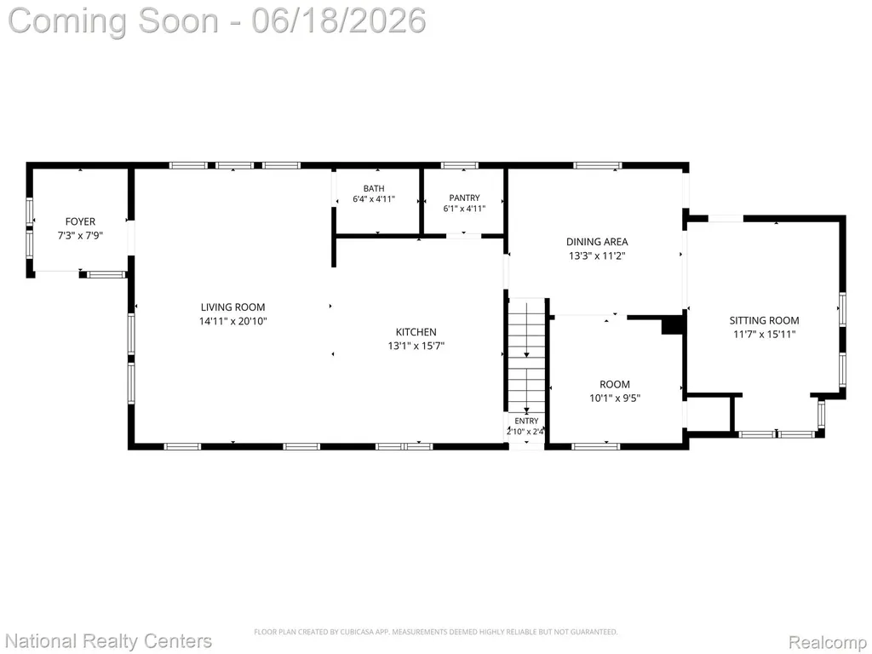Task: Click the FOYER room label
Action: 80,221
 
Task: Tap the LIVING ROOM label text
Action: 233,307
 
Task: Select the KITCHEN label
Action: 416,332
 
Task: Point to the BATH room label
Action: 374,188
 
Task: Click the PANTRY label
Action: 464,198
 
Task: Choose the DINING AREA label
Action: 597,242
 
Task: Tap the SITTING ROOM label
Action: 764,320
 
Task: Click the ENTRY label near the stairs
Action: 526,421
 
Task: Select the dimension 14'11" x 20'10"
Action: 233,321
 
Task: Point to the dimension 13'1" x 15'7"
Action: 416,346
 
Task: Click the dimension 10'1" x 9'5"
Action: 615,399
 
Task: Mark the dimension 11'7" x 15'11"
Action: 764,334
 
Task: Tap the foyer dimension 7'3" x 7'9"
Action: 80,235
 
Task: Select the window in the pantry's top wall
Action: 459,165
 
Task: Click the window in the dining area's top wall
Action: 598,165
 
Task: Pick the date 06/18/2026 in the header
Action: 339,20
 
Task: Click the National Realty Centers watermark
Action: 109,641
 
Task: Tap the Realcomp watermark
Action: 828,642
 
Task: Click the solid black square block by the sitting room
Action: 673,324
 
